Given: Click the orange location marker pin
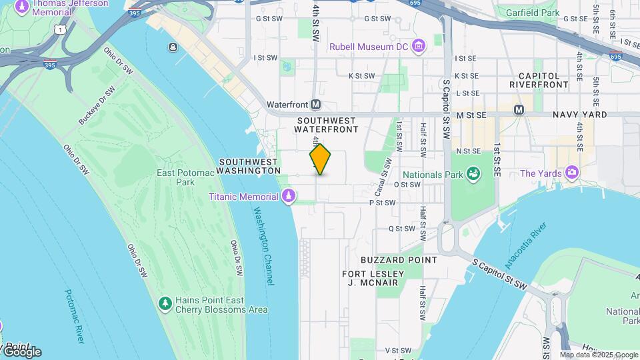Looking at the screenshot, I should pyautogui.click(x=320, y=159).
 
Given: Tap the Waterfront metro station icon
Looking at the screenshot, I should pyautogui.click(x=316, y=105).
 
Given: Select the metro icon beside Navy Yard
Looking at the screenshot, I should pyautogui.click(x=519, y=109).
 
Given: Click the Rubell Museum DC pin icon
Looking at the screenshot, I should pyautogui.click(x=419, y=46).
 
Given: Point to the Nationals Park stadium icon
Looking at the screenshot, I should pyautogui.click(x=473, y=174).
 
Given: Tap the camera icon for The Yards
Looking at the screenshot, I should pyautogui.click(x=571, y=173).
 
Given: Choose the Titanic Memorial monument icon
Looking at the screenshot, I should pyautogui.click(x=289, y=196).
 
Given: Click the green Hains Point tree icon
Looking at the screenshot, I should pyautogui.click(x=165, y=304).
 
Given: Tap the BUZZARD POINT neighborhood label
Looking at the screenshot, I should pyautogui.click(x=399, y=259).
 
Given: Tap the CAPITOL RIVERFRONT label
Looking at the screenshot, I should pyautogui.click(x=539, y=80).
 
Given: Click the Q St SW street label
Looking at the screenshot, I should pyautogui.click(x=401, y=228).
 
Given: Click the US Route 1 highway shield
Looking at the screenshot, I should pyautogui.click(x=61, y=30).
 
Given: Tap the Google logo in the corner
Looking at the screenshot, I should pyautogui.click(x=21, y=351).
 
